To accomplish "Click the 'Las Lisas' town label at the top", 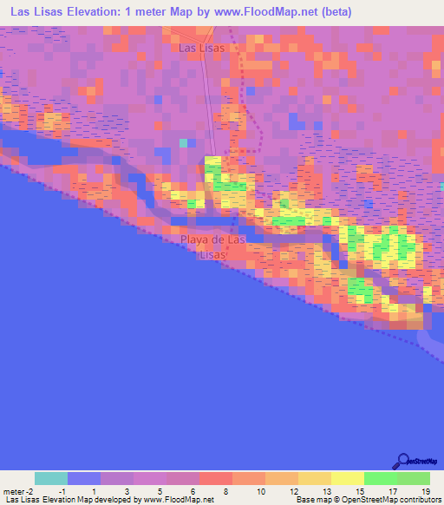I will pyautogui.click(x=201, y=49).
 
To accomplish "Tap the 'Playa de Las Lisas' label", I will pyautogui.click(x=214, y=246).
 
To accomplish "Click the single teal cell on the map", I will pyautogui.click(x=183, y=142).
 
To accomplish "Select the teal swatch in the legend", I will pyautogui.click(x=51, y=478).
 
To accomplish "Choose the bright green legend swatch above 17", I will pyautogui.click(x=381, y=478).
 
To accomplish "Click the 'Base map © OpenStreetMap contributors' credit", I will pyautogui.click(x=366, y=501).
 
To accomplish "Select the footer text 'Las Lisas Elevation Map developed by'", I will pyautogui.click(x=72, y=501).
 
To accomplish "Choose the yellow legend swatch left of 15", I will pyautogui.click(x=348, y=478).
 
